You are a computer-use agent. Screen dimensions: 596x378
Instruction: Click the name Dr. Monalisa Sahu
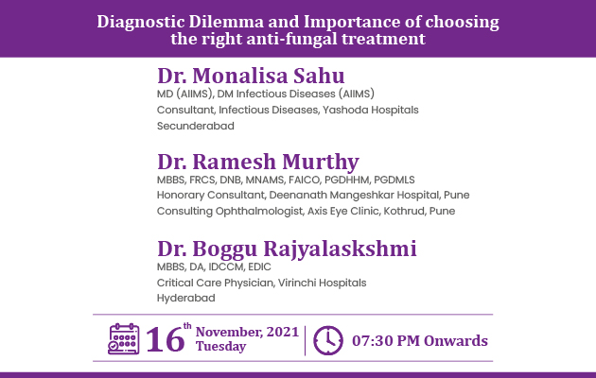click(x=251, y=76)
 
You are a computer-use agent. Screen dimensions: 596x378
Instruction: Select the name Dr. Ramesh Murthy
click(x=258, y=162)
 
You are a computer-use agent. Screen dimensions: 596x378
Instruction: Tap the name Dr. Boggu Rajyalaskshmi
click(x=287, y=249)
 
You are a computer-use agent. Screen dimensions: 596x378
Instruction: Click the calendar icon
click(x=124, y=339)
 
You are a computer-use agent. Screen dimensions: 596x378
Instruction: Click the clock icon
click(x=328, y=340)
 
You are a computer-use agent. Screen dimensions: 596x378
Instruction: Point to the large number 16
click(x=166, y=339)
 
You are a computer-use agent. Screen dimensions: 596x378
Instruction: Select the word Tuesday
click(x=220, y=347)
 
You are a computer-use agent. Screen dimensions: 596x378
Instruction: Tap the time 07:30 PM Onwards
click(x=420, y=341)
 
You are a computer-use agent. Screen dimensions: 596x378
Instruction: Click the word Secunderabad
click(x=196, y=126)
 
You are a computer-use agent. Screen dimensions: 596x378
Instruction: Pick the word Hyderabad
click(x=185, y=299)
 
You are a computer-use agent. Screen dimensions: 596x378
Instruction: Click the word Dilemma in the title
click(x=226, y=22)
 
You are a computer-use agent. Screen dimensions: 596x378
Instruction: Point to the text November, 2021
click(x=248, y=332)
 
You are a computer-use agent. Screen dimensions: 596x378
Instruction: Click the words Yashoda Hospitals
click(x=371, y=110)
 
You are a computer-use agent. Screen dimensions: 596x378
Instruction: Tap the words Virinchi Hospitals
click(x=322, y=283)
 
